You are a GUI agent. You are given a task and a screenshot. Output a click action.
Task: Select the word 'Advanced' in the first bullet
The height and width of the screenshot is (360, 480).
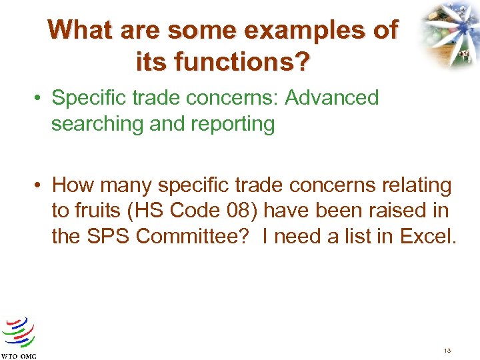(x=331, y=98)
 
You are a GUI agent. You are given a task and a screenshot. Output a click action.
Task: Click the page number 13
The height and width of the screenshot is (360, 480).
(x=446, y=350)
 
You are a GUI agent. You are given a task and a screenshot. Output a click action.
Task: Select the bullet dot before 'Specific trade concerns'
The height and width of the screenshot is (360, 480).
(x=41, y=99)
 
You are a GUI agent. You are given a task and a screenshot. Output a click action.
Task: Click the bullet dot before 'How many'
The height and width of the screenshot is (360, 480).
(x=41, y=185)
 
